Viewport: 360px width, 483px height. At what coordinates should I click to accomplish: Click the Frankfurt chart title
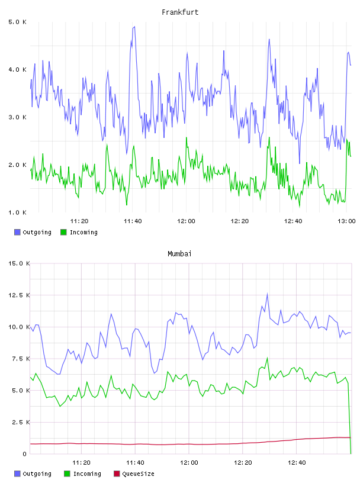(x=180, y=12)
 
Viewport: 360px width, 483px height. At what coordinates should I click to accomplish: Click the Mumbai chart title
(x=179, y=254)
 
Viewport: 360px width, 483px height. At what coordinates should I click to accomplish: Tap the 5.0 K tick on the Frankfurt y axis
(x=17, y=22)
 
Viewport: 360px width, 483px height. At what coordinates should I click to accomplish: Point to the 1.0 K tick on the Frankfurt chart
(x=17, y=212)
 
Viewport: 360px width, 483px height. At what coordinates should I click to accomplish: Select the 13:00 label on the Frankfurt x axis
(x=346, y=221)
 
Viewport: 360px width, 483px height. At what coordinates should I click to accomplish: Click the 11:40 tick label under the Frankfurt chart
(x=133, y=221)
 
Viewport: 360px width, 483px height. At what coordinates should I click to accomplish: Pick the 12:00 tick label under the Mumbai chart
(x=189, y=463)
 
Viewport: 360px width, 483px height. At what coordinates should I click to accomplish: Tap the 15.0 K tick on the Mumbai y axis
(x=19, y=263)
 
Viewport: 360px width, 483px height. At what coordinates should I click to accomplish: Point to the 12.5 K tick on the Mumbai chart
(x=19, y=295)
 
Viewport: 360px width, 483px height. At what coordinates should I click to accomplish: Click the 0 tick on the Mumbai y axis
(x=25, y=454)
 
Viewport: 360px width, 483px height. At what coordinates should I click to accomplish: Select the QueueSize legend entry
(x=134, y=474)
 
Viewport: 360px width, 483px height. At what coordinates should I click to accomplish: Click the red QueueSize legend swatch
(x=117, y=474)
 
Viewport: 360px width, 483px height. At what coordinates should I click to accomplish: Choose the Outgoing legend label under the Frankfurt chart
(x=37, y=232)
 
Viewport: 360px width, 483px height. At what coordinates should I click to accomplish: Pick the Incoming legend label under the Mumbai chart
(x=87, y=474)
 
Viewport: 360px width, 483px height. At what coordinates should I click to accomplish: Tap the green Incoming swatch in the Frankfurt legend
(x=63, y=232)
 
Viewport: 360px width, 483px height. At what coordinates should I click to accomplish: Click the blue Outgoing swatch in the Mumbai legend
(x=17, y=474)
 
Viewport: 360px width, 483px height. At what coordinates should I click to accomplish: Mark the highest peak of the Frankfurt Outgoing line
(x=134, y=27)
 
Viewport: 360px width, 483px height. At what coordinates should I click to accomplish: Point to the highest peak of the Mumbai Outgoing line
(x=267, y=294)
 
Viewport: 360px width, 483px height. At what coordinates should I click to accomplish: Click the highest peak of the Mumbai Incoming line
(x=267, y=358)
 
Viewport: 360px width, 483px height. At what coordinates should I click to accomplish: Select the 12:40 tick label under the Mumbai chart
(x=297, y=463)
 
